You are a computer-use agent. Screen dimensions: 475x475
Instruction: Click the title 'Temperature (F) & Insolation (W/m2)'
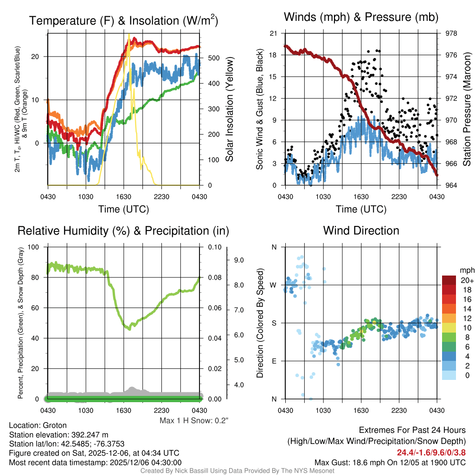point(123,20)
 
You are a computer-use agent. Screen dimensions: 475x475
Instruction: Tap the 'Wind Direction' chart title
point(361,231)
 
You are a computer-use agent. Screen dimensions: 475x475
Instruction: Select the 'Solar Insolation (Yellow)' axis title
point(229,109)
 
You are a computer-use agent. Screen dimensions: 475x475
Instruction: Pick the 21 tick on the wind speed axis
point(273,33)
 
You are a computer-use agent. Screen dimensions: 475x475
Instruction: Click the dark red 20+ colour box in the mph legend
point(449,280)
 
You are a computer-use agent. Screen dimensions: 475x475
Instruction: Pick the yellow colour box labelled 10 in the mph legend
point(449,327)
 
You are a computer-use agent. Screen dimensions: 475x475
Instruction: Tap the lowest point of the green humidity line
point(129,328)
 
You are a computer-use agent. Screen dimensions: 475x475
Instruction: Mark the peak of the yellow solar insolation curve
point(128,34)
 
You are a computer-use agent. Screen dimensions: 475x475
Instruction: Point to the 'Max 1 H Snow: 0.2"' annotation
point(194,420)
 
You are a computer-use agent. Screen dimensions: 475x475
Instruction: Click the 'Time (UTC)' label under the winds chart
point(361,209)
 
